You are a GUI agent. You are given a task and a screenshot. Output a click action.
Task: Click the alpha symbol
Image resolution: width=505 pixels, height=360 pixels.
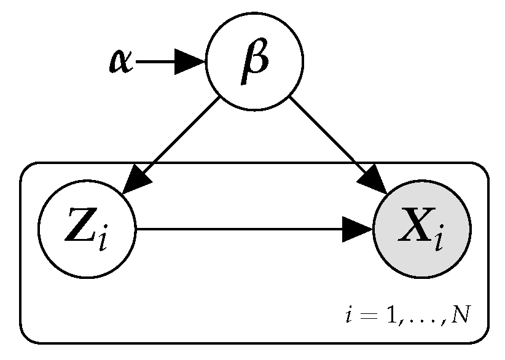[x=120, y=61]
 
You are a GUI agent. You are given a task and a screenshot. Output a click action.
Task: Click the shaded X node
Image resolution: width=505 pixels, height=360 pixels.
[x=421, y=229]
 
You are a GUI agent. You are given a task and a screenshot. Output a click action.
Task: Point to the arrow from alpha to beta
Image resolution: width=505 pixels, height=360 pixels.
[x=160, y=61]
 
